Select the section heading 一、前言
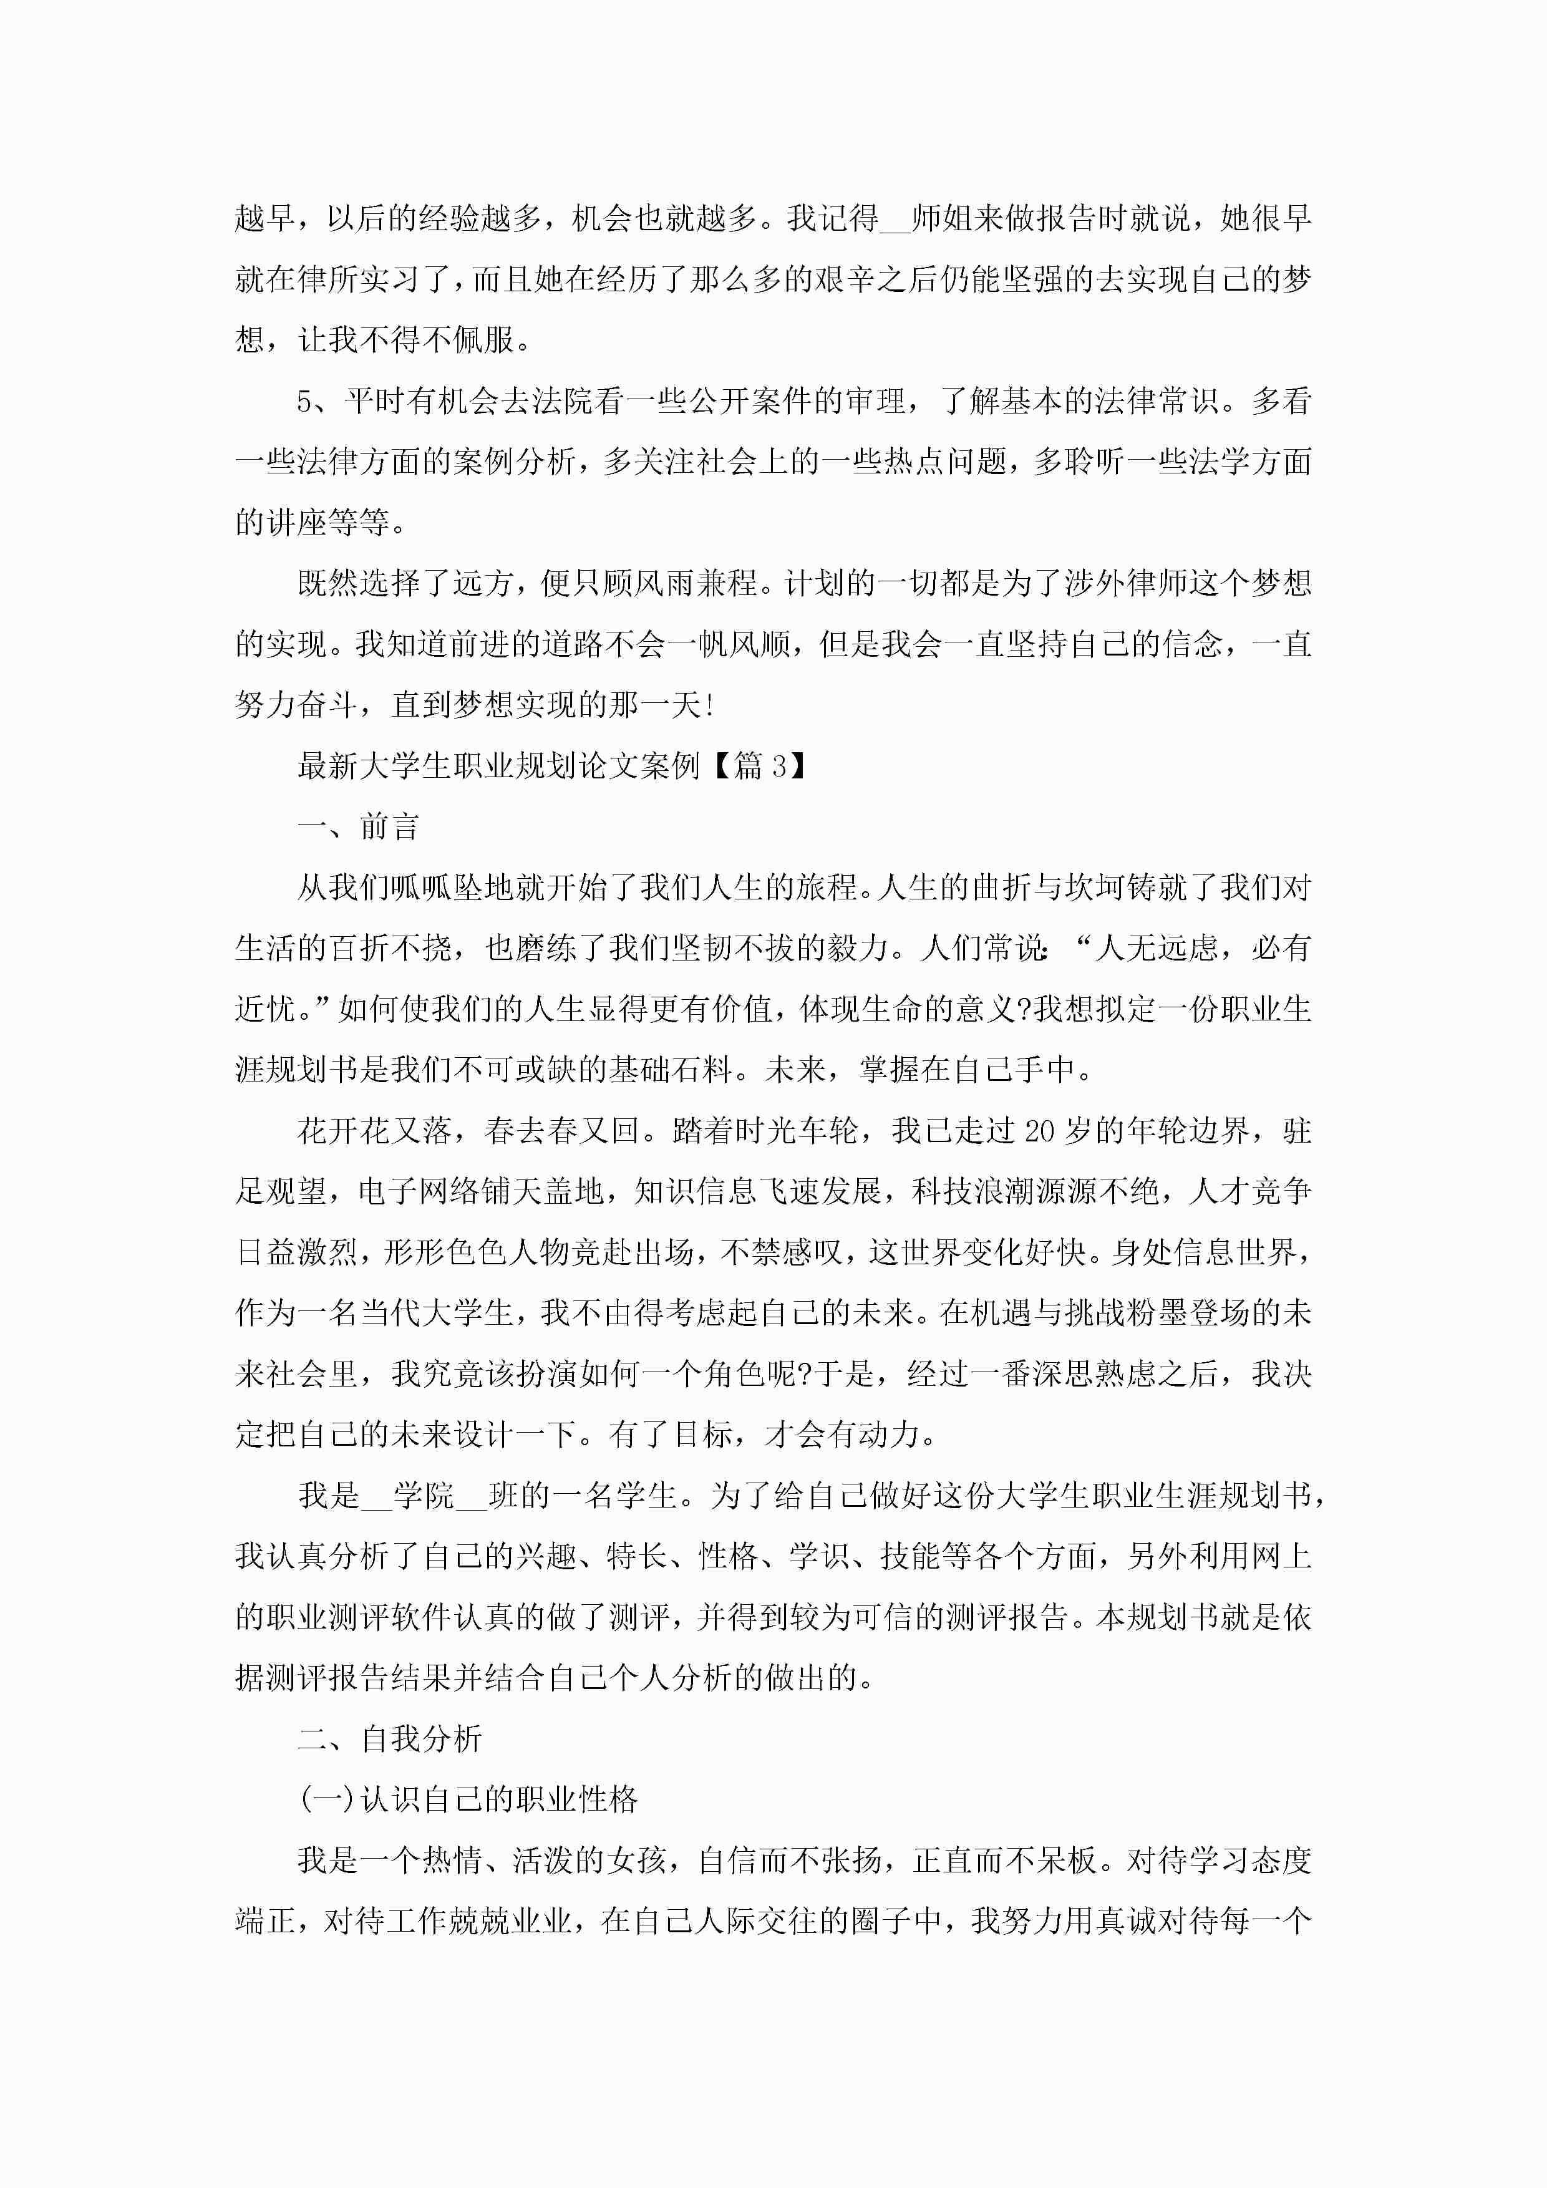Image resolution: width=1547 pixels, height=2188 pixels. click(359, 827)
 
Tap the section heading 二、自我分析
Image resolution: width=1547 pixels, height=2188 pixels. click(390, 1739)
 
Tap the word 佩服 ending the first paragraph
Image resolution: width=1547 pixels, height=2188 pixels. click(483, 340)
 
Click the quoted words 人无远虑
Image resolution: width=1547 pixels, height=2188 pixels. click(1157, 949)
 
